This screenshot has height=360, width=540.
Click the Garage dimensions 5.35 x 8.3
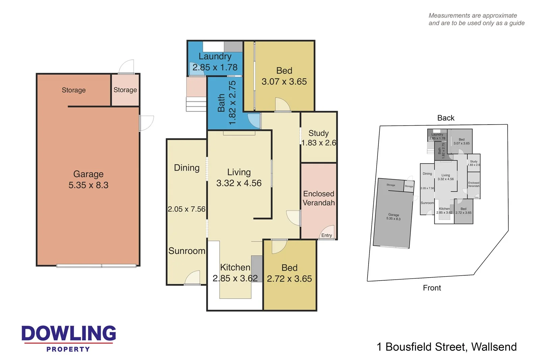(x=88, y=185)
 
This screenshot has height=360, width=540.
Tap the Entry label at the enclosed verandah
(x=326, y=235)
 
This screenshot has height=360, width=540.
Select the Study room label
(x=318, y=133)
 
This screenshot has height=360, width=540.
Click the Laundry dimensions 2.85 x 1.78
(x=215, y=68)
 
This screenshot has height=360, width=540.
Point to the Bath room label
(x=221, y=103)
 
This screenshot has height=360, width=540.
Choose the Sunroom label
(x=187, y=251)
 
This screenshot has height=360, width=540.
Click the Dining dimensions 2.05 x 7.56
(x=187, y=209)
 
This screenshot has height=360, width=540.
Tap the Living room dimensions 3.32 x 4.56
(x=239, y=183)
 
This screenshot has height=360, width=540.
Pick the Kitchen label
(x=235, y=267)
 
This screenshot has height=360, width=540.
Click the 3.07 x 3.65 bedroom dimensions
(x=284, y=82)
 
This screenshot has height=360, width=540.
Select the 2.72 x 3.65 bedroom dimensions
(x=289, y=279)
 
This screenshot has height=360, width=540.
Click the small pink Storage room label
(x=125, y=90)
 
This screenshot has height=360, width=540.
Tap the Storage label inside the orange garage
(x=74, y=90)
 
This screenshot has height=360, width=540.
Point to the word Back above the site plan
(x=446, y=118)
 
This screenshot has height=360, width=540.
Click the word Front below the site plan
(x=432, y=288)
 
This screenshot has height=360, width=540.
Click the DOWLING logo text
(x=69, y=333)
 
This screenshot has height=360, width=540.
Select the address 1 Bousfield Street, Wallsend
(x=447, y=347)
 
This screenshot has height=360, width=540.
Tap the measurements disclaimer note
(x=476, y=19)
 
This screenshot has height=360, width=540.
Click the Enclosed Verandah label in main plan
(x=319, y=198)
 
